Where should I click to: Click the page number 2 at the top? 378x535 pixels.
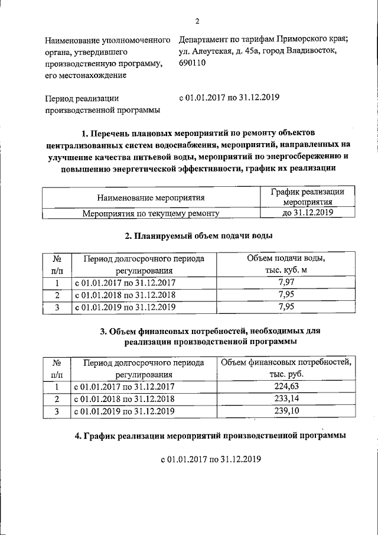point(197,22)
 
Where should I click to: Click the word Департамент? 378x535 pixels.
point(204,41)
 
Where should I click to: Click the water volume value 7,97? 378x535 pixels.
point(286,283)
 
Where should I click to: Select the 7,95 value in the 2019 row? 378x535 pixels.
point(286,306)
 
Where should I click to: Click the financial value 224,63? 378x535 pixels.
point(286,387)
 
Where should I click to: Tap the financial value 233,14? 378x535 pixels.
point(286,399)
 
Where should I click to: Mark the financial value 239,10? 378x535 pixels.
point(286,411)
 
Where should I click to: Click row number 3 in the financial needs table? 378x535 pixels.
point(57,411)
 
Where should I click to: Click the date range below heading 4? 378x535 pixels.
point(211,459)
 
